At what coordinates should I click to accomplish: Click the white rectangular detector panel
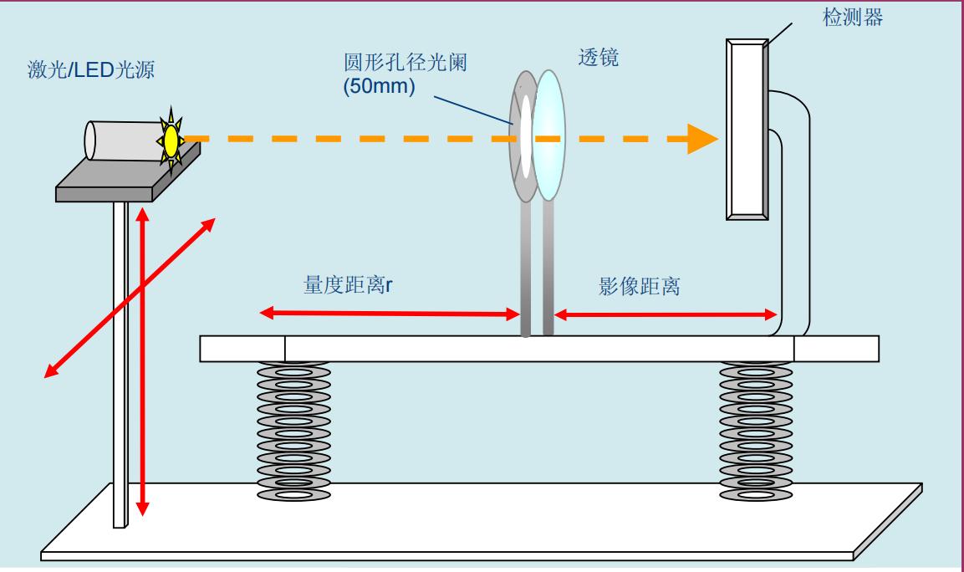(744, 130)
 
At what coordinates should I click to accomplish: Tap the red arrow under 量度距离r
(389, 314)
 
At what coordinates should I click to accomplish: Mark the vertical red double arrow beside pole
(143, 360)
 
